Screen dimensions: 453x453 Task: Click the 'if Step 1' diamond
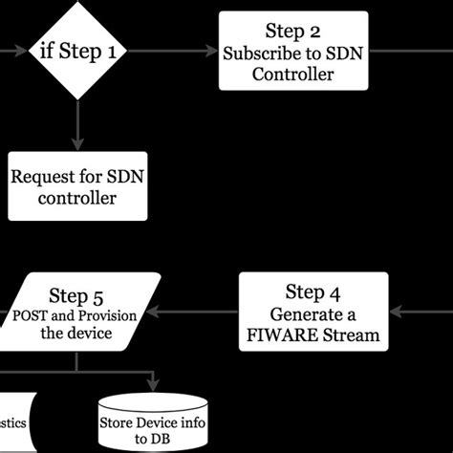click(77, 50)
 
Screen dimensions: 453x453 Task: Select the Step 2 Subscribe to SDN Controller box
click(292, 52)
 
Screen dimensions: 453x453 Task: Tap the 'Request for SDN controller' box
click(77, 186)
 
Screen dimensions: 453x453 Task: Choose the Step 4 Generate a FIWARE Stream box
click(313, 313)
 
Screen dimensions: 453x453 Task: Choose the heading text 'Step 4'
click(313, 291)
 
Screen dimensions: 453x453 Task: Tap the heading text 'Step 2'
click(292, 32)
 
